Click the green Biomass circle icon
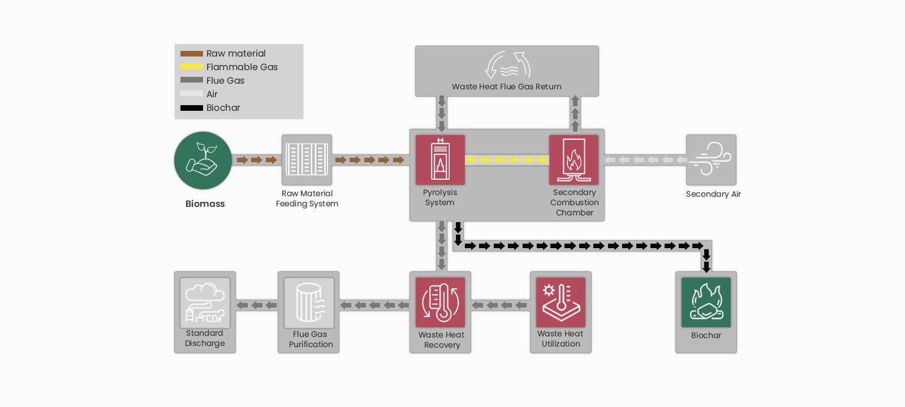pos(203,161)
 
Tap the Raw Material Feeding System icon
pos(307,159)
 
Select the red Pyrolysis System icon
pos(440,159)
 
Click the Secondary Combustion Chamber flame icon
pos(574,159)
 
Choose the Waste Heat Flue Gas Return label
pos(506,86)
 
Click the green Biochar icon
pos(706,302)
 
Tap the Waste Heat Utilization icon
pos(561,302)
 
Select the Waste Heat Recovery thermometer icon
pos(440,302)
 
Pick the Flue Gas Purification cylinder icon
pos(309,302)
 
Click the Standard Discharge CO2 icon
pos(205,302)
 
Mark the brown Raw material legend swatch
pos(192,54)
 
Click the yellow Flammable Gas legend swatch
pos(192,67)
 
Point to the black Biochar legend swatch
pos(192,108)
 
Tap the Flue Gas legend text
pos(225,80)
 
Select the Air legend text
pos(212,94)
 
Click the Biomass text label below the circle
pos(205,203)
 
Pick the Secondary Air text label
pos(713,194)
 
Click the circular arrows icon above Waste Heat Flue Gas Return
pos(508,65)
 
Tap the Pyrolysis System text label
pos(439,197)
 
